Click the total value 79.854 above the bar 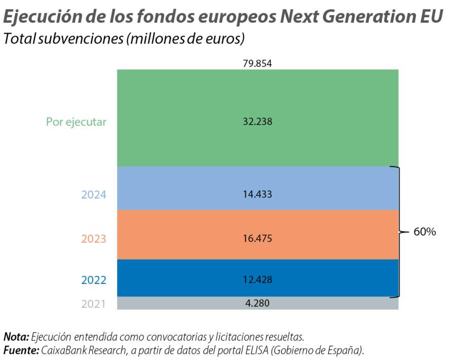257,63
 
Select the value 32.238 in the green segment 257,122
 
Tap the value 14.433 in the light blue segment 257,194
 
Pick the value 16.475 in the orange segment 257,238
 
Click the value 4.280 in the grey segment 257,304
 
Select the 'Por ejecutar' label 76,122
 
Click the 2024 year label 94,194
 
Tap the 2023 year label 94,238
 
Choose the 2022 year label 94,280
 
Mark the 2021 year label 94,304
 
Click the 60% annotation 425,232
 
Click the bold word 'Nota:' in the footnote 17,336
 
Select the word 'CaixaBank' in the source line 63,349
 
